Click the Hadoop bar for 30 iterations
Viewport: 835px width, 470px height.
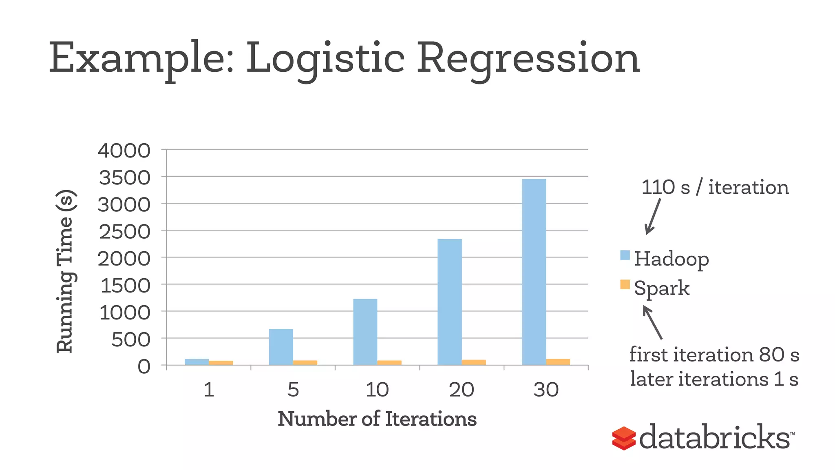coord(534,272)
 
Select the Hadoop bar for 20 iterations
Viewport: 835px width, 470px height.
coord(449,302)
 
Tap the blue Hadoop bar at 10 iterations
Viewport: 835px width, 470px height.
coord(365,332)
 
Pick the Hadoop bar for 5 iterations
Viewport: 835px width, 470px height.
coord(281,347)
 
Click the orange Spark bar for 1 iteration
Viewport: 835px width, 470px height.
coord(221,362)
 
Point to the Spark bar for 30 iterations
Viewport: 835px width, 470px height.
coord(558,361)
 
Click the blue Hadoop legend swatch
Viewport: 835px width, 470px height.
coord(625,255)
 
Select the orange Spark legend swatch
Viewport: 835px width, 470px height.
coord(625,284)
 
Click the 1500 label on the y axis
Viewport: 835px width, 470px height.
coord(125,286)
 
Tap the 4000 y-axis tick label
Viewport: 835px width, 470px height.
coord(124,151)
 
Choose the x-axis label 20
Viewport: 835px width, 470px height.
coord(461,390)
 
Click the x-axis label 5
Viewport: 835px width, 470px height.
coord(293,390)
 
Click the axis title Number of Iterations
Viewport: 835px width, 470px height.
coord(377,419)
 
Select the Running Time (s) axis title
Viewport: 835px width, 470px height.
coord(65,271)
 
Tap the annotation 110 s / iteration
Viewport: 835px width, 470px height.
coord(715,188)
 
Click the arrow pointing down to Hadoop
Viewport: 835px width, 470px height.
coord(652,216)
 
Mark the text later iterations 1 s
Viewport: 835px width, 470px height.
coord(714,379)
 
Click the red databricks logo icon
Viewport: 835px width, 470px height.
coord(624,439)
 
